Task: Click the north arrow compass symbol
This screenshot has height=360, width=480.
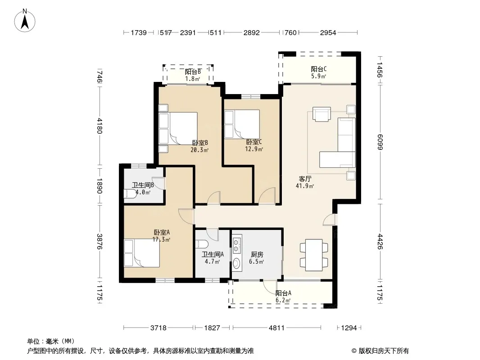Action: point(25,20)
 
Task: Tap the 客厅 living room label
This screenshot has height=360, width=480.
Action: point(305,179)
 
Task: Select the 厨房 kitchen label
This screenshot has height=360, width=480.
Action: point(257,255)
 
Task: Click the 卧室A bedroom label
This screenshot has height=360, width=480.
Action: point(162,233)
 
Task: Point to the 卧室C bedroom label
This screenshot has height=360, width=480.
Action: point(254,142)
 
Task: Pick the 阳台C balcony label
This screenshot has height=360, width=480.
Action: point(319,69)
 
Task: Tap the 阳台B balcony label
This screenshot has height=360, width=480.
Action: point(193,72)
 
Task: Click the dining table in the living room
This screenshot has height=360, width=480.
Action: point(314,255)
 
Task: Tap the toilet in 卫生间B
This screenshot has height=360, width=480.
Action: point(130,193)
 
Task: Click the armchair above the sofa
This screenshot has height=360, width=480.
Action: point(322,114)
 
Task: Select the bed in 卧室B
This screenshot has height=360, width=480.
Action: point(178,128)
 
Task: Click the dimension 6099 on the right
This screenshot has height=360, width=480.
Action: point(380,142)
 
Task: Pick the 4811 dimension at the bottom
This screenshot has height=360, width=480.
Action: point(277,328)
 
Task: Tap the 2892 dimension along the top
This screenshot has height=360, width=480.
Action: point(252,32)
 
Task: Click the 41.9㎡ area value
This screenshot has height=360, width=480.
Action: point(305,186)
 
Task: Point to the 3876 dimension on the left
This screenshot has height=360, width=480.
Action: point(99,241)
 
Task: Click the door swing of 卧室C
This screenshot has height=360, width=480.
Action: point(266,195)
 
